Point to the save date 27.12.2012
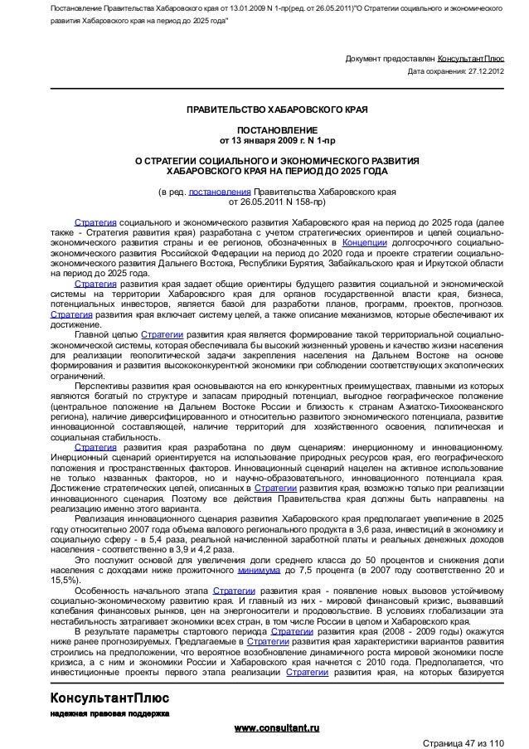pos(484,71)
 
